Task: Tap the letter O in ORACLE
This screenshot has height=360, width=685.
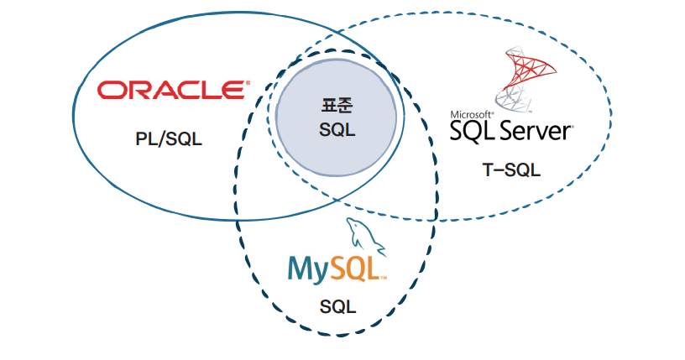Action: pyautogui.click(x=110, y=89)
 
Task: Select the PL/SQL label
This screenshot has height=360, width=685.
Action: pyautogui.click(x=169, y=139)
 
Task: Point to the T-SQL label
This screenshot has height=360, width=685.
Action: pyautogui.click(x=510, y=170)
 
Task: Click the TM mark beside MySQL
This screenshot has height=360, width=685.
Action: pyautogui.click(x=383, y=278)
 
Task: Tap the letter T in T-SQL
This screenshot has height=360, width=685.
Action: pyautogui.click(x=487, y=170)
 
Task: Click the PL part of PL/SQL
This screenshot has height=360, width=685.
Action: pyautogui.click(x=145, y=139)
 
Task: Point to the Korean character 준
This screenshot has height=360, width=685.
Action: pyautogui.click(x=346, y=107)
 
